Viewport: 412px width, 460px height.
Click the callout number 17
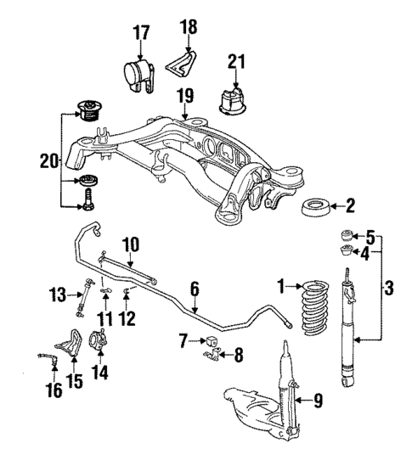tap(141, 33)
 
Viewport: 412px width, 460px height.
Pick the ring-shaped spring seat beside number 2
tap(319, 206)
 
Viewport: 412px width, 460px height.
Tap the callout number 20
tap(48, 160)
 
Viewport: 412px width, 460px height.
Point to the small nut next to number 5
tap(346, 235)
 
